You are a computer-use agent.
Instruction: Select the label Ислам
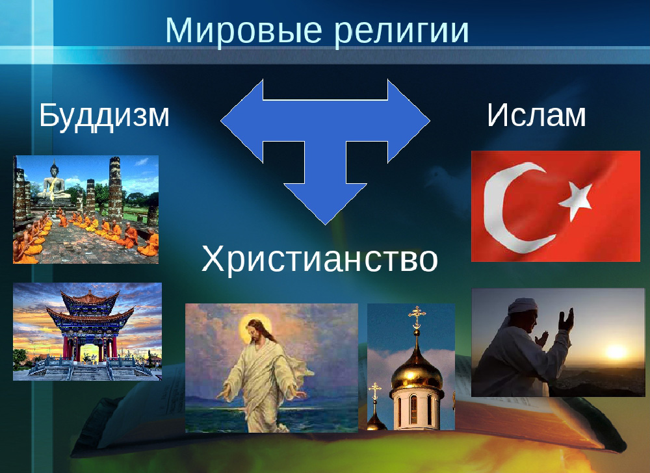536,115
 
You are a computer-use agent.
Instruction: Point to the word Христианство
320,259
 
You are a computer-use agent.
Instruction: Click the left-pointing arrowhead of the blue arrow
242,121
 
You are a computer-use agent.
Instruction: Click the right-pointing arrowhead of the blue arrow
409,121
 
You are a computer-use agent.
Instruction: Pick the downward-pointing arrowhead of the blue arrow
326,203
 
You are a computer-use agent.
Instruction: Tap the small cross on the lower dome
375,392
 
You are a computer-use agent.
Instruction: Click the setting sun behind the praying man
616,352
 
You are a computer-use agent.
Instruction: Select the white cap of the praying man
522,307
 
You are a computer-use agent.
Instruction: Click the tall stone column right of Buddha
115,188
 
